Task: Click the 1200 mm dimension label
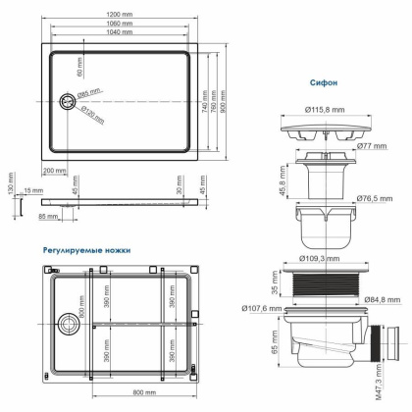click(x=120, y=14)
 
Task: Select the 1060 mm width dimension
click(x=120, y=24)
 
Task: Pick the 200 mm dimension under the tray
click(x=54, y=170)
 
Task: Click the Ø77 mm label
click(x=367, y=145)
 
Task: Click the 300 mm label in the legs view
click(x=72, y=320)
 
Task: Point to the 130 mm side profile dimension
click(x=11, y=186)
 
